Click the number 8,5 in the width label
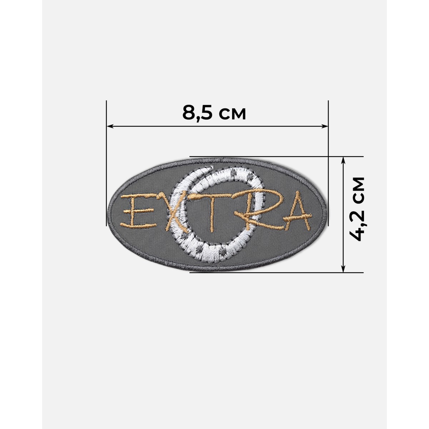click(197, 113)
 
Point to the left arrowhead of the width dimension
click(110, 126)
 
